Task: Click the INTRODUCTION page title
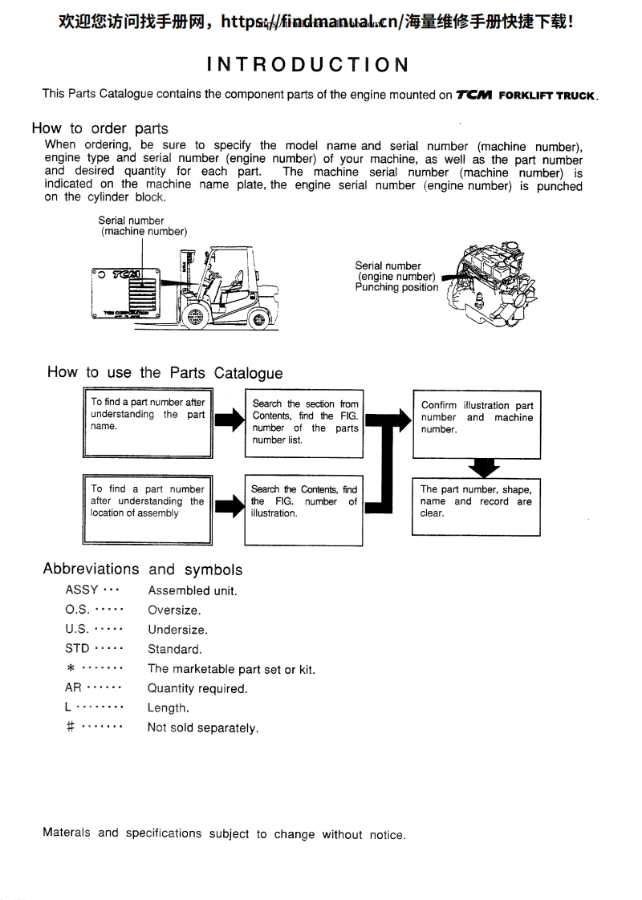click(307, 64)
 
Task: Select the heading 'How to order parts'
click(100, 128)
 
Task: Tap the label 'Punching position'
click(396, 287)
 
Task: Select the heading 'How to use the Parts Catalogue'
click(165, 372)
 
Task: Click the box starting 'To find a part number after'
click(148, 422)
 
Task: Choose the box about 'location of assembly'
click(148, 509)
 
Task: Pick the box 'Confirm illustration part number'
click(477, 424)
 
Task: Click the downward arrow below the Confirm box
click(483, 468)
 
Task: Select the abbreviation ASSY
click(81, 590)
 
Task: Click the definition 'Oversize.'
click(174, 610)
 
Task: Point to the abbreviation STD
click(77, 649)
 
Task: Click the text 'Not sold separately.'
click(203, 728)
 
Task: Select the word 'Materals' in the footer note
click(67, 833)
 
